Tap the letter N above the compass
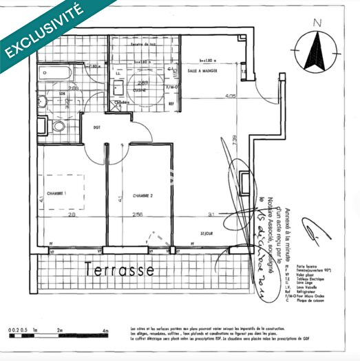coord(317,23)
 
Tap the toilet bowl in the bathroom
coord(58,127)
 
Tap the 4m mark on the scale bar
coord(105,331)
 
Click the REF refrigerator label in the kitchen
coord(171,103)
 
